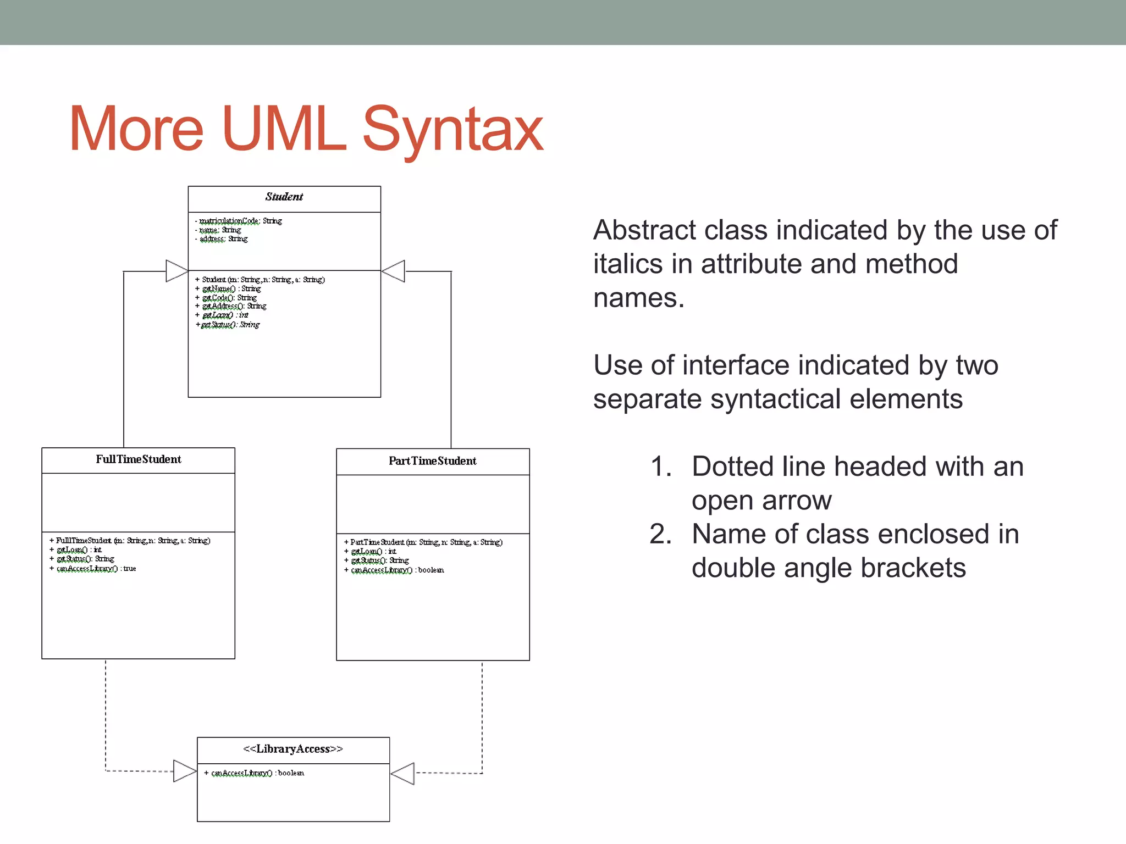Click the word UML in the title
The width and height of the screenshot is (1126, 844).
[x=284, y=130]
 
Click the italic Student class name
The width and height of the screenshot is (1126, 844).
[x=284, y=197]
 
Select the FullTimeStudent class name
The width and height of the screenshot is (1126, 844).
[x=138, y=459]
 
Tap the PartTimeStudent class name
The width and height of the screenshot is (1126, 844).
[x=432, y=461]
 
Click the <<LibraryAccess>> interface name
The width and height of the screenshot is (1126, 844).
[x=293, y=749]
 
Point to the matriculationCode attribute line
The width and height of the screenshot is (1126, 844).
[x=239, y=221]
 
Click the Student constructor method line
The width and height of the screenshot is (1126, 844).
[x=261, y=280]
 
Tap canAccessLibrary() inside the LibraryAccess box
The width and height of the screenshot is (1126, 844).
[x=255, y=773]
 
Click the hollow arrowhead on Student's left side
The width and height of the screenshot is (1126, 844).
[x=176, y=271]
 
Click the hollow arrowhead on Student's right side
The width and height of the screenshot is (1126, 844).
[x=394, y=271]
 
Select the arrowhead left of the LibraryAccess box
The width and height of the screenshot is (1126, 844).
[x=185, y=771]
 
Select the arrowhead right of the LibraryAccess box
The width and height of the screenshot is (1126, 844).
[x=403, y=773]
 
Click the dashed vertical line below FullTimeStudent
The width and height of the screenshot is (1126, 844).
[x=106, y=714]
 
